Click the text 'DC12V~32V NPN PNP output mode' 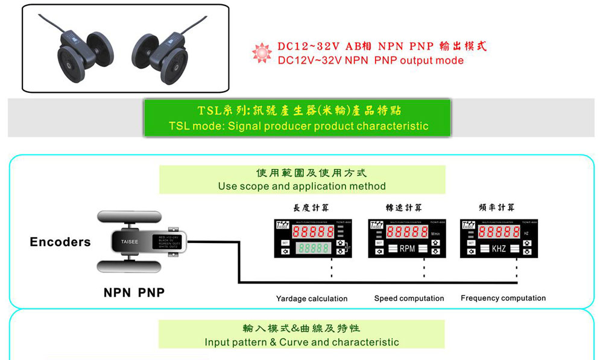pos(370,60)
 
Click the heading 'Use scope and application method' pos(301,186)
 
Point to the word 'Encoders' pos(60,242)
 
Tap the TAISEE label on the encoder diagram pos(130,242)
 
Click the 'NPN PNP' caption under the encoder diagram pos(134,293)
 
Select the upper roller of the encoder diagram pos(129,218)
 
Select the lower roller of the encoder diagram pos(129,266)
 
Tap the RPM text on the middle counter pos(407,248)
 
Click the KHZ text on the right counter pos(499,248)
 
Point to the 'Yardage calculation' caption pos(312,298)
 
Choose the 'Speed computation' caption pos(409,298)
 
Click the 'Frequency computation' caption pos(503,298)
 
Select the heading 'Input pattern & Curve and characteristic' pos(301,343)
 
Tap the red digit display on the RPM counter pos(407,232)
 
